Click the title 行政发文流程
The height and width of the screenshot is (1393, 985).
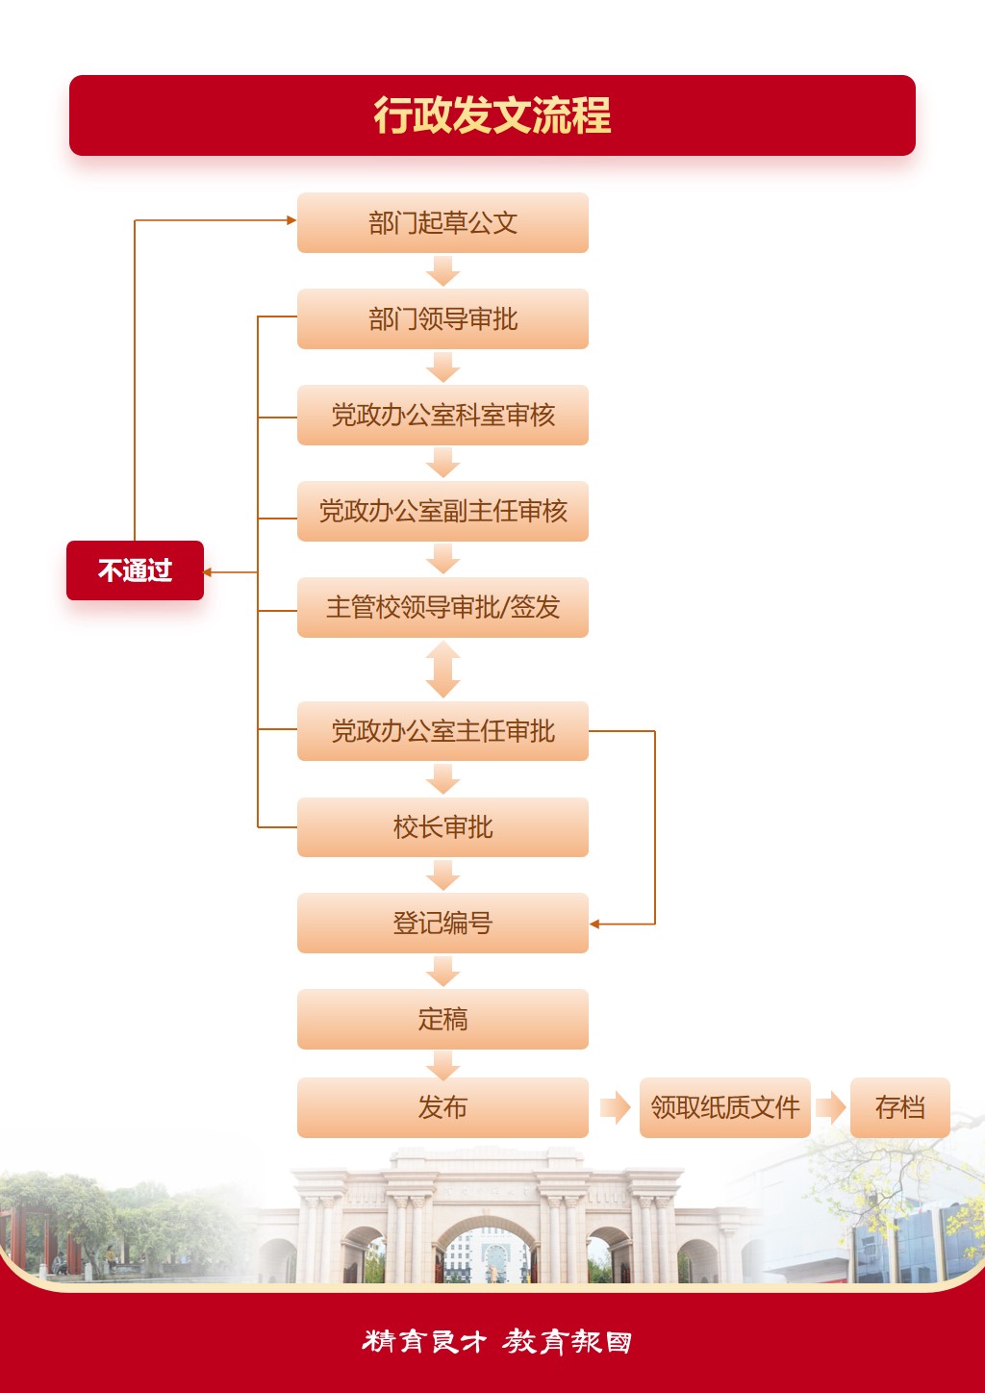pos(492,115)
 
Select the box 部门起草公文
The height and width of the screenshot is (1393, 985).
pos(442,223)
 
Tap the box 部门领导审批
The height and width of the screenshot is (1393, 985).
pos(442,319)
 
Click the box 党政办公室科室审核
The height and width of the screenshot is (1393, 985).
pos(442,416)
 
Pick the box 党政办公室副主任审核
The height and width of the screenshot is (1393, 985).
pos(442,512)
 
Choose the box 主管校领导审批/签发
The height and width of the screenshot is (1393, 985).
pos(442,608)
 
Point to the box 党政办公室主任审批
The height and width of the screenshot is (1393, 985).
pos(442,731)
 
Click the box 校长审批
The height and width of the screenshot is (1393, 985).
pos(442,827)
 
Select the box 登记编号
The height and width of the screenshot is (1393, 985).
pos(442,924)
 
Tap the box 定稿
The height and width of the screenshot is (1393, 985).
pos(442,1019)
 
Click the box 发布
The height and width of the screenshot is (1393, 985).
pos(442,1107)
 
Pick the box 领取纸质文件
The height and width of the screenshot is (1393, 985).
pos(724,1107)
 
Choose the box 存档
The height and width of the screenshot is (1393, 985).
pos(899,1107)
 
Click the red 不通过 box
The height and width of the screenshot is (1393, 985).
pos(135,570)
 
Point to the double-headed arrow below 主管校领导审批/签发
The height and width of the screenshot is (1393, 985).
pos(442,670)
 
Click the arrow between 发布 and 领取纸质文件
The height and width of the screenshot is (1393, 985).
pos(615,1107)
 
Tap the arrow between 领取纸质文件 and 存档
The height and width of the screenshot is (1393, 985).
pos(830,1107)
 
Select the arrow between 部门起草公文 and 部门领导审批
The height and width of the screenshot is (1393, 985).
pos(442,270)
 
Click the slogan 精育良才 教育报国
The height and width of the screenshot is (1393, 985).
pos(496,1341)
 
